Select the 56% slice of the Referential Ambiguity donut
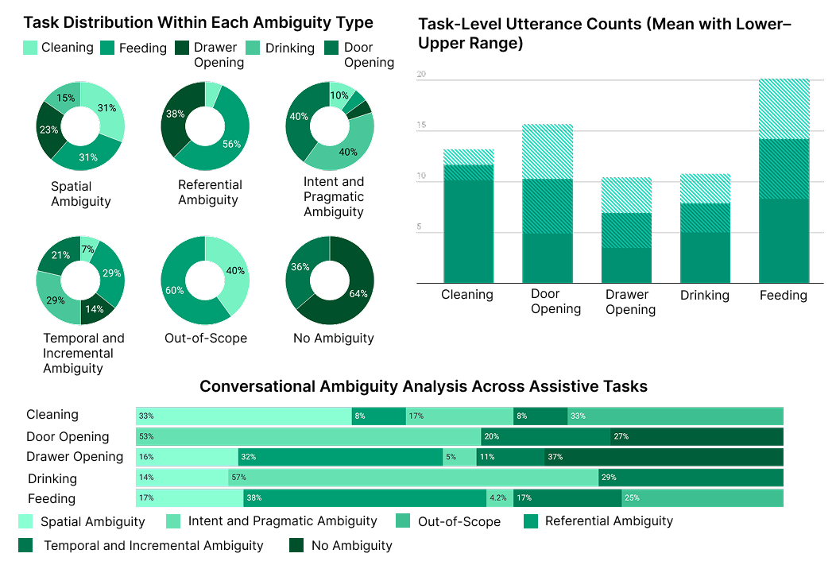(229, 143)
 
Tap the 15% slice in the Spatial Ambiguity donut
(65, 98)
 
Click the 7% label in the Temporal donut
(88, 250)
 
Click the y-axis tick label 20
(421, 75)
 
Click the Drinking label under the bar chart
(704, 295)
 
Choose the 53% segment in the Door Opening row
(308, 436)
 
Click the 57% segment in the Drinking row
(413, 478)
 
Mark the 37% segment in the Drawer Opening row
(664, 457)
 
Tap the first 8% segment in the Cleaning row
(378, 416)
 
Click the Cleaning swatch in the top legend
(31, 48)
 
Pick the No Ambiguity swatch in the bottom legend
(297, 545)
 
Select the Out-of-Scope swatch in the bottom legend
(405, 521)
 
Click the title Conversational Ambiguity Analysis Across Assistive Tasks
(424, 387)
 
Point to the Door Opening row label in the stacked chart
(68, 436)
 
